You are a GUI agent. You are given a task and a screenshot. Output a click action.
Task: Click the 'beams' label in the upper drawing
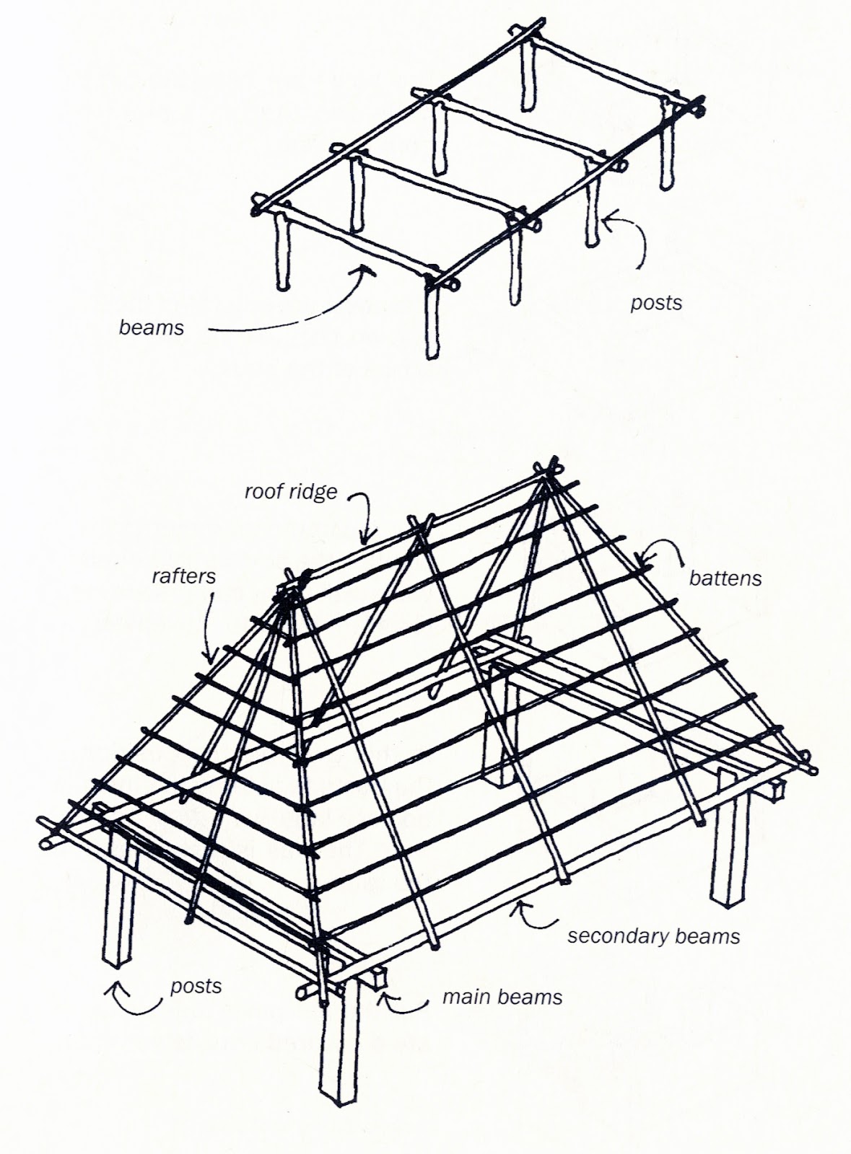pyautogui.click(x=151, y=327)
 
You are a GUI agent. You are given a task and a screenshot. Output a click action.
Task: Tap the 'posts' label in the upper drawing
pyautogui.click(x=655, y=302)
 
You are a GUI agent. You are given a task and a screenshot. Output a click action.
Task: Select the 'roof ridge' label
pyautogui.click(x=291, y=492)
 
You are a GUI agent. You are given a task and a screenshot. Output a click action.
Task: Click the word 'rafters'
pyautogui.click(x=183, y=576)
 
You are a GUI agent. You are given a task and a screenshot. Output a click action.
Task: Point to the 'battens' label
pyautogui.click(x=725, y=578)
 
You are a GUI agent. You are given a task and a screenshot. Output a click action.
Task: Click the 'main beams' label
pyautogui.click(x=502, y=997)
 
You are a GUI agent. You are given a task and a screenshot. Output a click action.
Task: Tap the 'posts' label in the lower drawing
pyautogui.click(x=196, y=986)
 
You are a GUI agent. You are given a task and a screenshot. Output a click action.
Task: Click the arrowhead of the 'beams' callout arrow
pyautogui.click(x=367, y=270)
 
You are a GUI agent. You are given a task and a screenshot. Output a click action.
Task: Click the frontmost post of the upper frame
pyautogui.click(x=432, y=317)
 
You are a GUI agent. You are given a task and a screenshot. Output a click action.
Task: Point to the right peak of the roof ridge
pyautogui.click(x=552, y=465)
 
